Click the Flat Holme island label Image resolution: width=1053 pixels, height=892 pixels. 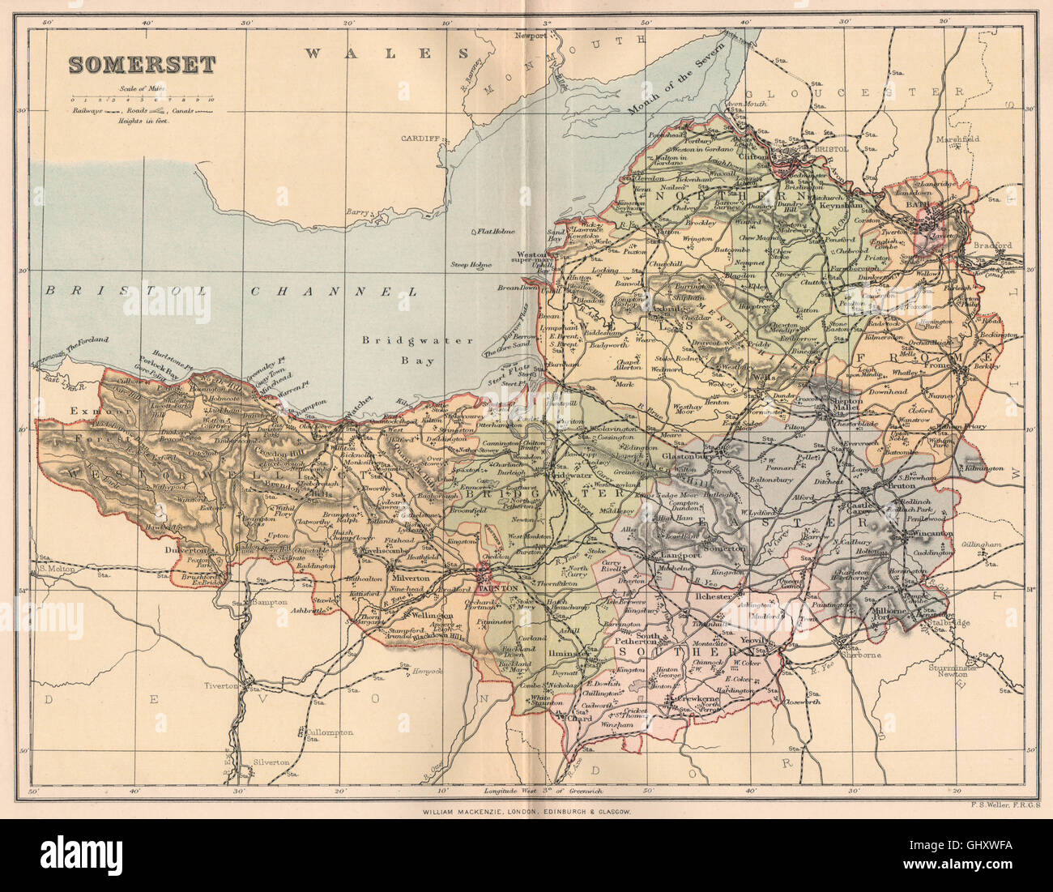point(496,232)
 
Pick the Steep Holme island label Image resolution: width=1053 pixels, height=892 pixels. point(471,264)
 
